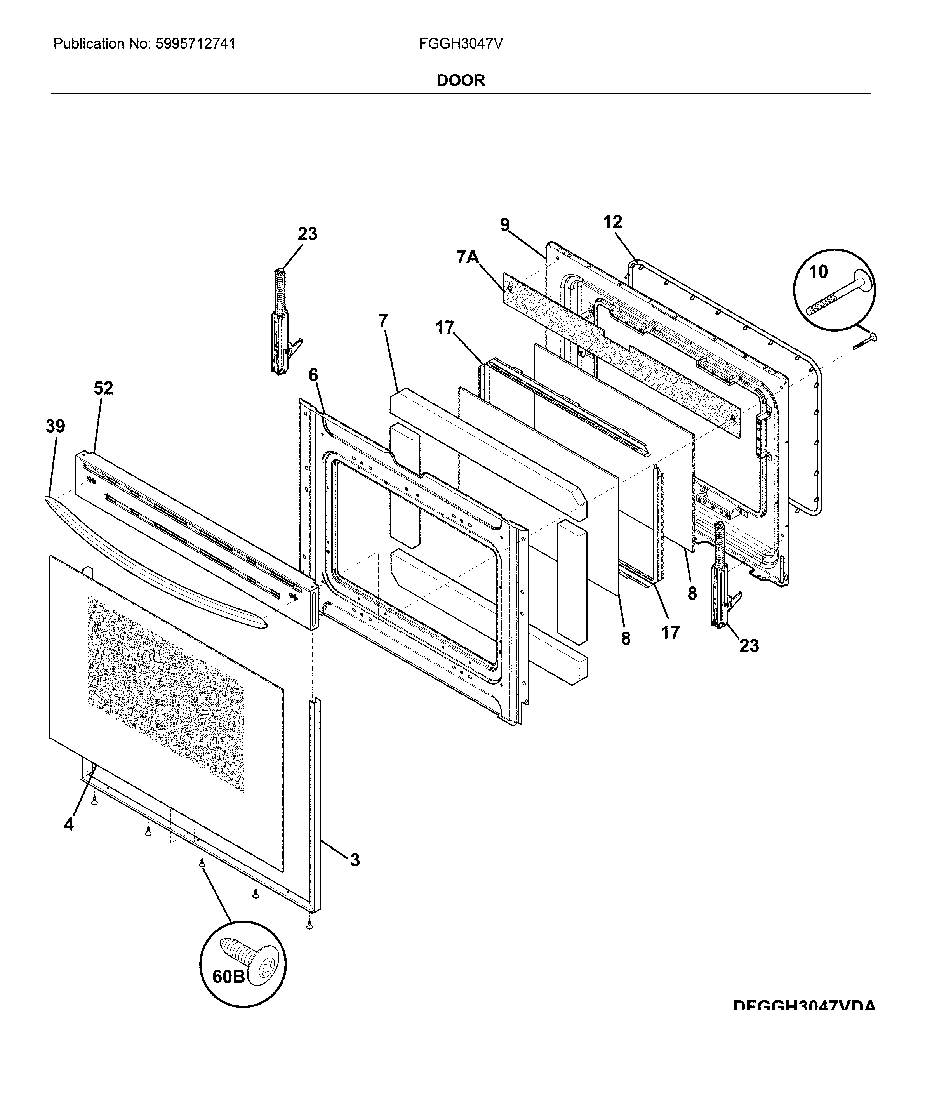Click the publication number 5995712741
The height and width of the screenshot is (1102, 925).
[195, 43]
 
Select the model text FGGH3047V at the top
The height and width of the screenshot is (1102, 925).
[460, 43]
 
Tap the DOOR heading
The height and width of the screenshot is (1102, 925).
[461, 80]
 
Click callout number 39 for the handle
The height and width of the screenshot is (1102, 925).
[55, 427]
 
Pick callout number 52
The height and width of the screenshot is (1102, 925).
[103, 388]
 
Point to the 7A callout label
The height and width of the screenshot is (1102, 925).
[468, 258]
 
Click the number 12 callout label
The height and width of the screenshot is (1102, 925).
[612, 222]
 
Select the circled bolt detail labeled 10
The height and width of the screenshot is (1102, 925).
[834, 290]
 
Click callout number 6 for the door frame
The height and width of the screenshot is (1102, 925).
[313, 375]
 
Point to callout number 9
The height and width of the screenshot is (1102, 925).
[504, 224]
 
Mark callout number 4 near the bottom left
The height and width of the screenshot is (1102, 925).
[69, 824]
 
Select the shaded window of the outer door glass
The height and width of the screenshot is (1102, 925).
[165, 693]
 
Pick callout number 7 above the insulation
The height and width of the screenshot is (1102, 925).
[383, 321]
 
